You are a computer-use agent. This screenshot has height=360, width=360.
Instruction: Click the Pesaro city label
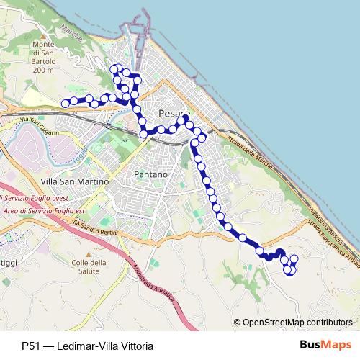click(171, 113)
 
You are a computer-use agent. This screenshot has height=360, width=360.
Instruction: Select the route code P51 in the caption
click(30, 346)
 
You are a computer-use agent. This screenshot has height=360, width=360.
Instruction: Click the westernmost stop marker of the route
click(65, 103)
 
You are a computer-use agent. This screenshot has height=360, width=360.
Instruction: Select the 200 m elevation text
click(44, 71)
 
